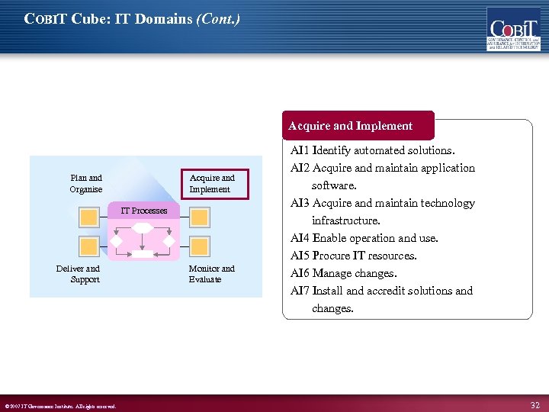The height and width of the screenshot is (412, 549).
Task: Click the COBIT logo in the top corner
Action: [513, 29]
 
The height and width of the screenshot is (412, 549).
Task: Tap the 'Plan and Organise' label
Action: [86, 184]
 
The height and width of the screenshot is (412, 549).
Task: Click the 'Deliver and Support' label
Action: [79, 274]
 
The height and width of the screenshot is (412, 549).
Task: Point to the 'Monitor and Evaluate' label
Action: [211, 274]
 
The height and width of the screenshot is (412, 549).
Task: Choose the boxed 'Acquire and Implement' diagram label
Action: [211, 184]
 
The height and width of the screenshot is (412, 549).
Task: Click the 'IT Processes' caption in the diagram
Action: [144, 211]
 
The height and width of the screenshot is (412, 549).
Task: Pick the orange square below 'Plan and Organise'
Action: [89, 217]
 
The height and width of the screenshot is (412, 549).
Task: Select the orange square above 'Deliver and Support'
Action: [89, 246]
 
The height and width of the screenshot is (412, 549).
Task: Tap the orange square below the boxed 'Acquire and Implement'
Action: [199, 217]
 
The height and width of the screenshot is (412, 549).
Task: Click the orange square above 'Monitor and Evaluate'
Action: [199, 246]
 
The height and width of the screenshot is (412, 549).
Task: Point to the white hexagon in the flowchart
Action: [143, 227]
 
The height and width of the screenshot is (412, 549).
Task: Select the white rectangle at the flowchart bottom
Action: [143, 254]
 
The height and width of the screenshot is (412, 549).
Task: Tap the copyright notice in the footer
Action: [60, 406]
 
